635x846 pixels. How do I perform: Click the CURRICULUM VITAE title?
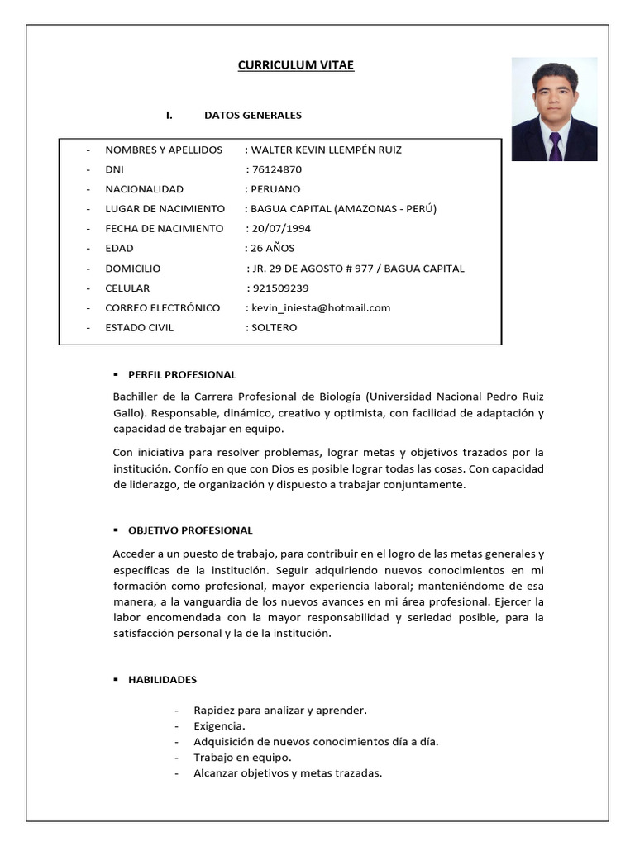point(296,65)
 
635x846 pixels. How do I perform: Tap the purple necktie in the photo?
point(555,145)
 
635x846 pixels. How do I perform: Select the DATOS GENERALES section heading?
point(253,115)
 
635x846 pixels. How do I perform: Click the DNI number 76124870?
point(277,169)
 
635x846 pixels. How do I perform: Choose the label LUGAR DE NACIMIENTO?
point(165,208)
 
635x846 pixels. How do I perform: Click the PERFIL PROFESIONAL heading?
point(182,374)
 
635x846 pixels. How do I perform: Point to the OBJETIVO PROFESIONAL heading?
point(190,530)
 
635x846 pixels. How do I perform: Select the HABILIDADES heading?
point(162,680)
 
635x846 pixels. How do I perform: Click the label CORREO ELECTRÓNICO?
point(163,307)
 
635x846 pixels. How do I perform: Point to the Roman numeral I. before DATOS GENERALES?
point(169,115)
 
